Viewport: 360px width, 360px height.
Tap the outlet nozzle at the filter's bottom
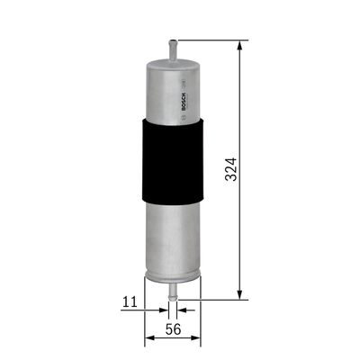[x=172, y=287]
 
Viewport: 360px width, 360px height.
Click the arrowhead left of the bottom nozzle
[x=163, y=305]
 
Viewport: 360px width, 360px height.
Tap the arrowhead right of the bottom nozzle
[x=182, y=305]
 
